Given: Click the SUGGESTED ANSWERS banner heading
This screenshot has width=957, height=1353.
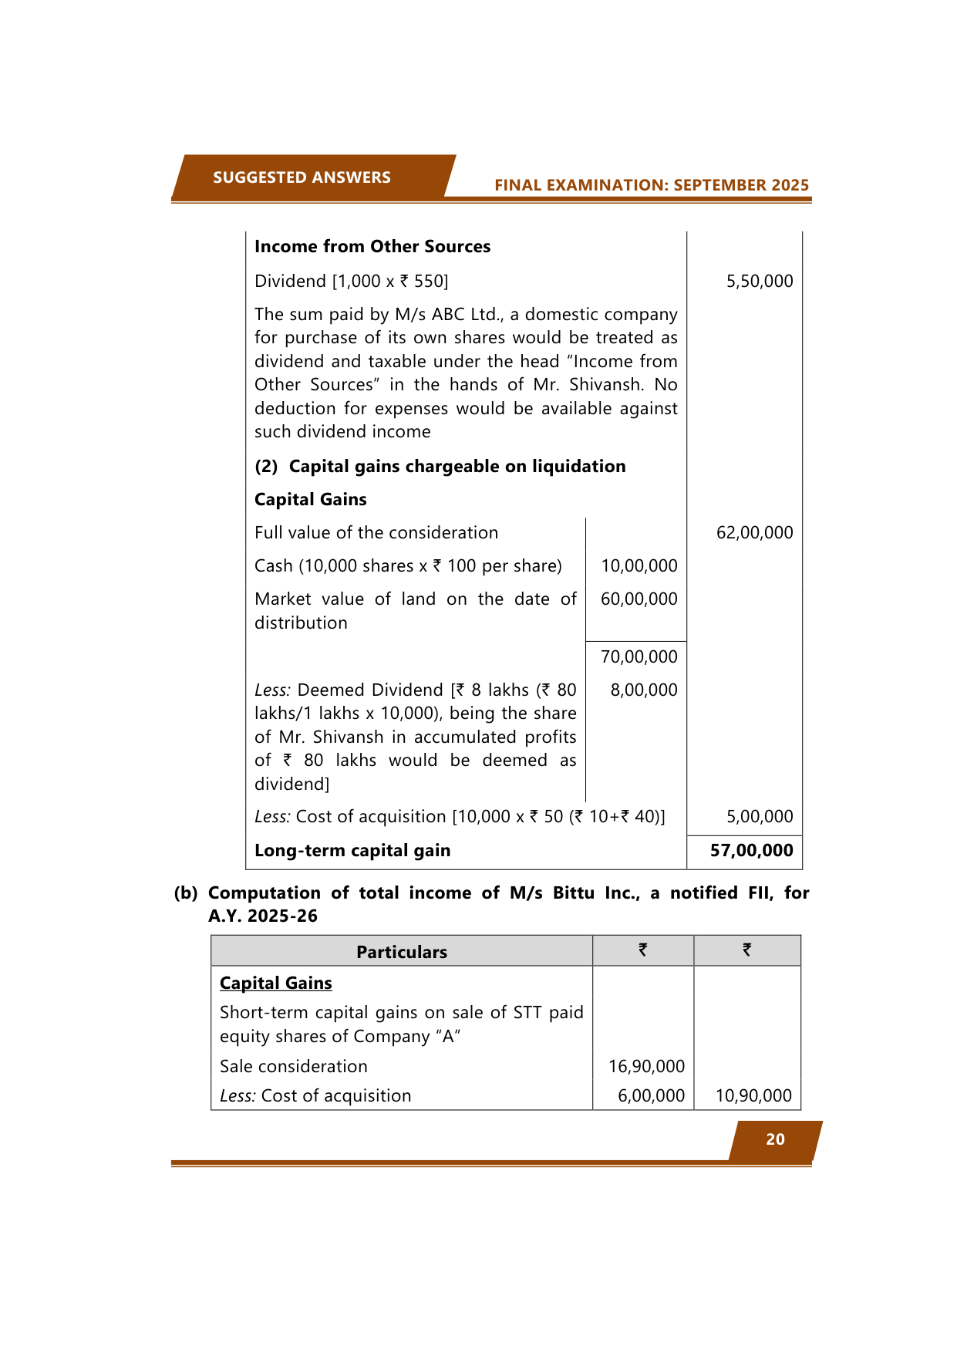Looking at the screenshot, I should (302, 177).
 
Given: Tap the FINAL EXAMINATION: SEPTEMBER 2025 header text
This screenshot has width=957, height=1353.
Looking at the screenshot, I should (652, 185).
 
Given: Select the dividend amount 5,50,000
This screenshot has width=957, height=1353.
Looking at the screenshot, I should (759, 282).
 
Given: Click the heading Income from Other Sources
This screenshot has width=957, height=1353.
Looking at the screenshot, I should (372, 247).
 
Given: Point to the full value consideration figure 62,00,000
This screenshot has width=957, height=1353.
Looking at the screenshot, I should (754, 533).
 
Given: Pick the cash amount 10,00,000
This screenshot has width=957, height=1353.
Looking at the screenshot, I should (639, 566).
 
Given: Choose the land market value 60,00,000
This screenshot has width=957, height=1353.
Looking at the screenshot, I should (639, 599).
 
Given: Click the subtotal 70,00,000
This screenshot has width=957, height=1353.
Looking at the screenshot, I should (639, 657).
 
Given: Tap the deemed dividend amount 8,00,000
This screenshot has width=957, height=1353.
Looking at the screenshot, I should (643, 690).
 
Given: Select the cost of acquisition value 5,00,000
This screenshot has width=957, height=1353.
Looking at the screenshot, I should (759, 817).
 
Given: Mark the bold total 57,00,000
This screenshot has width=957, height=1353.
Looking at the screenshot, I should (751, 851).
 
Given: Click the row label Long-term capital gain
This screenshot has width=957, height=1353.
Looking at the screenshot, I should (352, 851).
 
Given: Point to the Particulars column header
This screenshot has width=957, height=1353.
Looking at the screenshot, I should (401, 953).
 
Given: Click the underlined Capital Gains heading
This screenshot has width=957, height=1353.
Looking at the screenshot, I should (276, 984).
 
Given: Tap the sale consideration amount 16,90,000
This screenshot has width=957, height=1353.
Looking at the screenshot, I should (646, 1067).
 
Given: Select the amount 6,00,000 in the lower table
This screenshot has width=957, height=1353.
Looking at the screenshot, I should (651, 1096).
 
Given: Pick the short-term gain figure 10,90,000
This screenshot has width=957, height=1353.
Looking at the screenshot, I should (753, 1096).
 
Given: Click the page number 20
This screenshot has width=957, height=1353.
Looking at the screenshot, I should (775, 1140).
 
